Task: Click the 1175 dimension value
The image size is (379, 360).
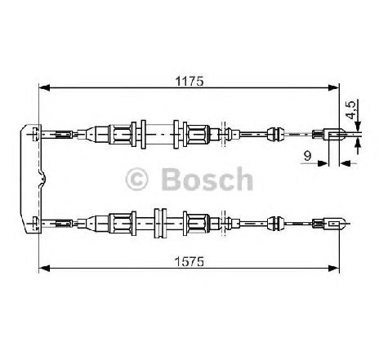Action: (x=189, y=81)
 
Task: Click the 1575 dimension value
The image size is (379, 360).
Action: (x=189, y=262)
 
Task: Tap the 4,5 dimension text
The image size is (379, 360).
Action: (x=351, y=110)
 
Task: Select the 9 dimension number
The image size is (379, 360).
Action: (x=307, y=156)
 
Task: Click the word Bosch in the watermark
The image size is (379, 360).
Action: (x=207, y=179)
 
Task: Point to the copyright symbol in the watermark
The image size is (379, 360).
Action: (x=136, y=180)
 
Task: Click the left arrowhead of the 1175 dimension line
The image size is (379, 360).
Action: (x=45, y=87)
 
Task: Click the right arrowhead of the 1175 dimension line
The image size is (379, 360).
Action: (x=333, y=87)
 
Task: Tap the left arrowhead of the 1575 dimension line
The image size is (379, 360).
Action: (x=45, y=269)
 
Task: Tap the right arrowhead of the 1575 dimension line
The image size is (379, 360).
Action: (x=333, y=269)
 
